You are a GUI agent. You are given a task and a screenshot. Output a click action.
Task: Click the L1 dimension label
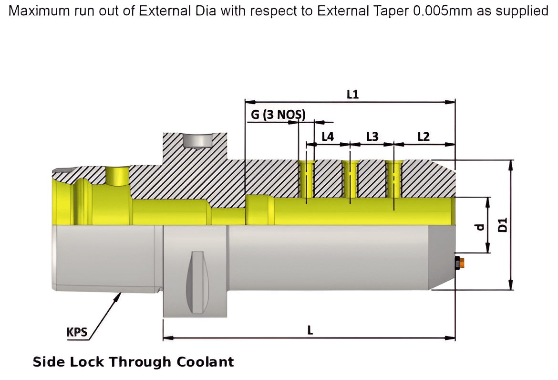coord(352,95)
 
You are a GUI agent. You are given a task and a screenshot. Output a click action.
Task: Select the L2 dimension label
coord(423,137)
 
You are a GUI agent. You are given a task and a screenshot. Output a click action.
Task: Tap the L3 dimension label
coord(372,137)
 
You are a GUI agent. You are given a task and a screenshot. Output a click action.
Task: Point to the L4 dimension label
coord(328,137)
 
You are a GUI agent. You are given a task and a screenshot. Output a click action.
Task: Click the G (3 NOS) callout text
coord(278,115)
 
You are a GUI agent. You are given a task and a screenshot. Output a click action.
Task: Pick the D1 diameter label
coord(502,225)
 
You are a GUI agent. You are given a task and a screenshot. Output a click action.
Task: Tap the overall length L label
coord(310,329)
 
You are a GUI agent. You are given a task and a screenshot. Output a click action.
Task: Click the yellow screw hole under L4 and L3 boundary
coord(350,179)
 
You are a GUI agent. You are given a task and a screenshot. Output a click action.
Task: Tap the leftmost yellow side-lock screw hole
coord(306,179)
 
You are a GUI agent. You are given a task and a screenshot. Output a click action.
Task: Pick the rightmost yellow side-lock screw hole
coord(394,179)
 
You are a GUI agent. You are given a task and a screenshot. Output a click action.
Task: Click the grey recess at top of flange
coord(197,141)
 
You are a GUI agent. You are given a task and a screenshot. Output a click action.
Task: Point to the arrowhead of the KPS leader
coord(117,297)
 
